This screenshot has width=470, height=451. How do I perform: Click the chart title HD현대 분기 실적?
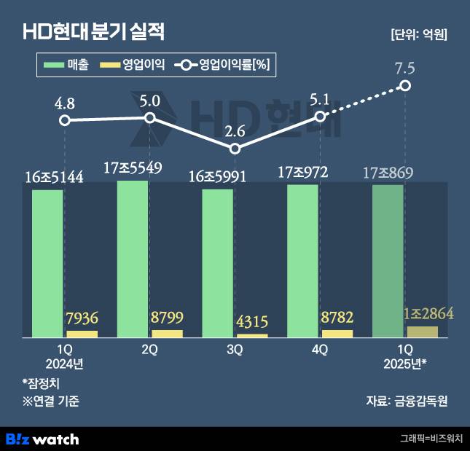[x=95, y=31]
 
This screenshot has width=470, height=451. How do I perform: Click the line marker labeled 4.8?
[x=65, y=120]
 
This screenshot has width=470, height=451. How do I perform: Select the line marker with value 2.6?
[x=235, y=149]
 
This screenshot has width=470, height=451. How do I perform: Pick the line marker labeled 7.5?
[x=405, y=87]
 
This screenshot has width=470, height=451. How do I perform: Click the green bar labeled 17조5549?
[x=133, y=259]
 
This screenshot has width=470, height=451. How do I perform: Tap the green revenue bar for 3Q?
[x=217, y=262]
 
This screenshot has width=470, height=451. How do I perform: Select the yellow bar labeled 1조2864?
[x=423, y=332]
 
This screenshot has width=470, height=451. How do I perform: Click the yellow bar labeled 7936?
[x=82, y=334]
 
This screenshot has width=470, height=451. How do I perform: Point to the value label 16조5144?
[x=53, y=176]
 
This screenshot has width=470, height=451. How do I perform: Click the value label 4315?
[x=252, y=321]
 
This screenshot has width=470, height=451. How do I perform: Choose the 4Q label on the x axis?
[x=320, y=350]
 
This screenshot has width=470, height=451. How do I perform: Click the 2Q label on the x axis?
[x=150, y=350]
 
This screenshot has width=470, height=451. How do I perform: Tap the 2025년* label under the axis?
[x=405, y=364]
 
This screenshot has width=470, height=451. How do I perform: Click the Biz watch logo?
[x=42, y=439]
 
